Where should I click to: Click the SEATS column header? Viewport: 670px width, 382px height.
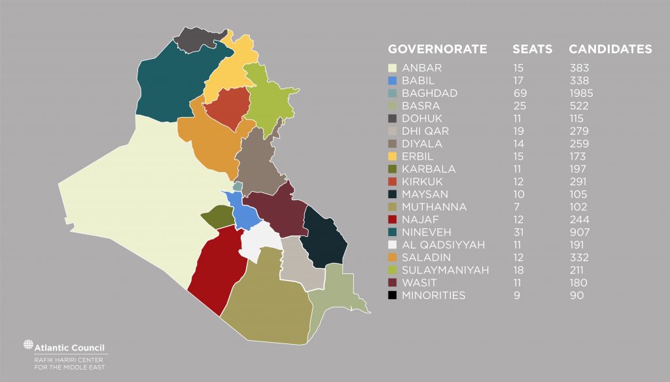tap(532, 49)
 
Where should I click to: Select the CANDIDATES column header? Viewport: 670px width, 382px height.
tap(610, 49)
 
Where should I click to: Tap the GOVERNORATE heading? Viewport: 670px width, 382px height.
tap(437, 49)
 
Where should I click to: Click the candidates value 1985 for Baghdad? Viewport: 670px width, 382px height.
tap(581, 93)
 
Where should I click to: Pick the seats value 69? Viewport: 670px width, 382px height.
tap(520, 93)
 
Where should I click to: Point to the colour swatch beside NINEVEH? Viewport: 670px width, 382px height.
tap(393, 232)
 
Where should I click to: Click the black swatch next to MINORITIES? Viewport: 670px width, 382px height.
tap(393, 296)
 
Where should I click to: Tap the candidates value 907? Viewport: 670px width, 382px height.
tap(579, 232)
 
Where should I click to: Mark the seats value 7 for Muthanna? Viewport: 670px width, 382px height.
tap(516, 207)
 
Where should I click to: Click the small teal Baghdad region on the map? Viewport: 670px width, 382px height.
tap(238, 186)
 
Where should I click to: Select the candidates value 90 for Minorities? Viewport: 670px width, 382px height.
tap(576, 296)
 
